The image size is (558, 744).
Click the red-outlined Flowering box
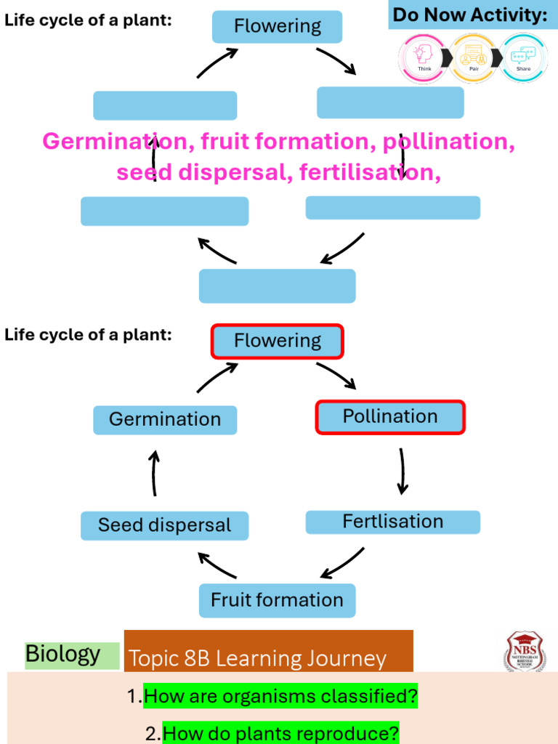[x=277, y=341]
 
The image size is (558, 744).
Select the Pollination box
[x=390, y=417]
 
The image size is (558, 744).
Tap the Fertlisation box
[x=392, y=522]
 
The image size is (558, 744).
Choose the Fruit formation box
[x=277, y=600]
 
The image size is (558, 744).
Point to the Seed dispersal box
[x=164, y=525]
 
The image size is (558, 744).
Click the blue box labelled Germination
[x=165, y=419]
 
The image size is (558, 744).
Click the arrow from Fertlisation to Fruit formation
[x=343, y=562]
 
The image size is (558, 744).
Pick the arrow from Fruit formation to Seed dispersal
[x=217, y=565]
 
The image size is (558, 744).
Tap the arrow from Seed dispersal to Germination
[x=154, y=473]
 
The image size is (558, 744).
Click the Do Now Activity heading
[x=470, y=15]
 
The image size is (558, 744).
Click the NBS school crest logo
[x=525, y=651]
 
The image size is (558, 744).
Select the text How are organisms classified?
[x=280, y=697]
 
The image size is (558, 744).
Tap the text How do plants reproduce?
[x=280, y=733]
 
